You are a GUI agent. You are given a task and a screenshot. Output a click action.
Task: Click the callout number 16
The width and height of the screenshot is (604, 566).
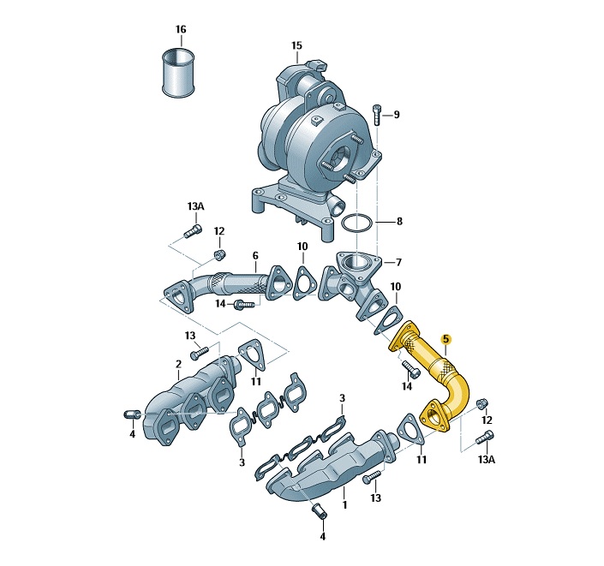coord(181,30)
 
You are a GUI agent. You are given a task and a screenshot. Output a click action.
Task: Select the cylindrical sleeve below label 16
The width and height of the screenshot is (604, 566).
coord(178,73)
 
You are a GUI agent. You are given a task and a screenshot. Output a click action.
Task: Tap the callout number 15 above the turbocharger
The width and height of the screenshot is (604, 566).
coord(296,46)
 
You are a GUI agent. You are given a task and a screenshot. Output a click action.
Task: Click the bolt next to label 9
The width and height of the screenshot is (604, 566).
coord(377,115)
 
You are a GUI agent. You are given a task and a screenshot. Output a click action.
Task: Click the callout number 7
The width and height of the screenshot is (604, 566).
coord(398,263)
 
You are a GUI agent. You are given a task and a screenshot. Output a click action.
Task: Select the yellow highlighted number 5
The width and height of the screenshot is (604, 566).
coord(446,339)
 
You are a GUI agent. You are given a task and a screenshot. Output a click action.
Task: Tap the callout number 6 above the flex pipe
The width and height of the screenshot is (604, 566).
coord(255,256)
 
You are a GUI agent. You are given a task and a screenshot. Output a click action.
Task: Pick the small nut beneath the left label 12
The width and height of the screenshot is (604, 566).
coord(219,254)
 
